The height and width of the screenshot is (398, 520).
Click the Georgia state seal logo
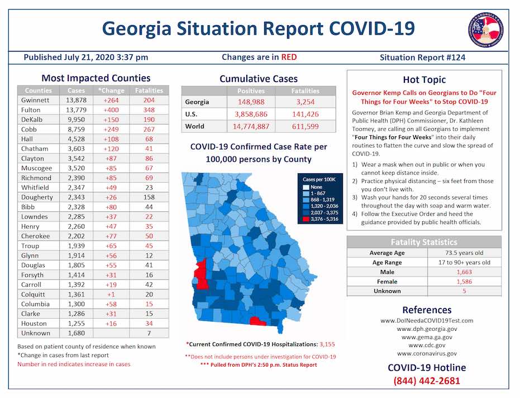(x=485, y=29)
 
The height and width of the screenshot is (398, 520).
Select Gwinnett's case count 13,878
(x=77, y=100)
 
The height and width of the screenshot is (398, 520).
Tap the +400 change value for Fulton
(x=112, y=110)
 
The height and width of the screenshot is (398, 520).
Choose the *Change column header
(x=111, y=90)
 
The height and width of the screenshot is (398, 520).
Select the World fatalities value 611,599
(x=305, y=126)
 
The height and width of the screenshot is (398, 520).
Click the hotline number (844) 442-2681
(x=427, y=381)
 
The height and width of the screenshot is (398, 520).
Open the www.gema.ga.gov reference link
(x=427, y=337)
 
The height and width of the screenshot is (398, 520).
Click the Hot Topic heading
(x=424, y=79)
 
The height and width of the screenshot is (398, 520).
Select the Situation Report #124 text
(x=422, y=58)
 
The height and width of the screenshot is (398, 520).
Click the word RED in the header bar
(x=289, y=57)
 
